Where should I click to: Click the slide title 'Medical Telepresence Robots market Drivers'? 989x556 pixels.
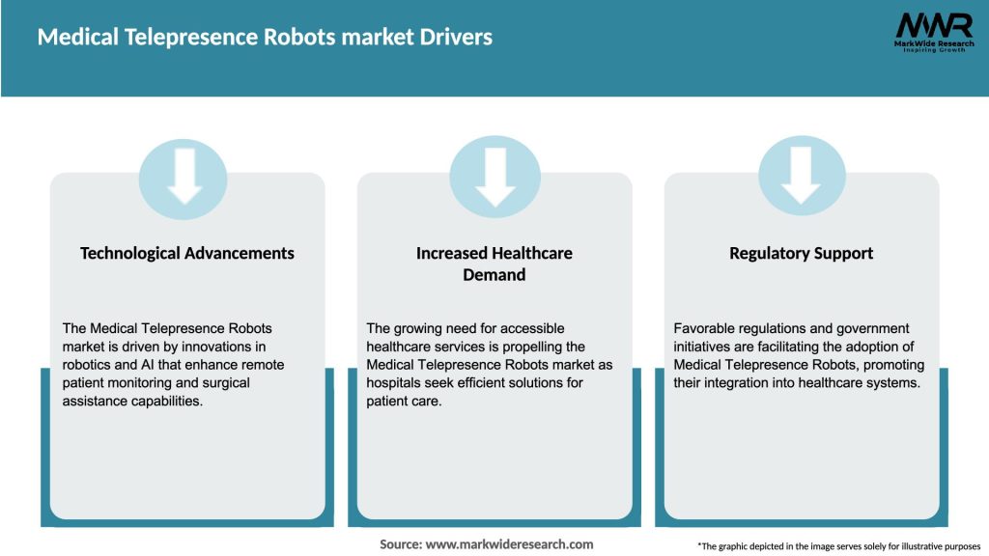pyautogui.click(x=265, y=37)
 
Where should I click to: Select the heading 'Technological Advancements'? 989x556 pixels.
pyautogui.click(x=187, y=253)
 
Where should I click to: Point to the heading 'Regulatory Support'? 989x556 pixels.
pyautogui.click(x=802, y=253)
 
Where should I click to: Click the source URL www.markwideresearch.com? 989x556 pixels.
pyautogui.click(x=511, y=544)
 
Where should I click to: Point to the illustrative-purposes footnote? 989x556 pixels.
pyautogui.click(x=838, y=546)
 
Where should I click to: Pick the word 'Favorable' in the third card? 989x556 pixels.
pyautogui.click(x=706, y=328)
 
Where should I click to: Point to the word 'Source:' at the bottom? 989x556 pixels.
pyautogui.click(x=401, y=544)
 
